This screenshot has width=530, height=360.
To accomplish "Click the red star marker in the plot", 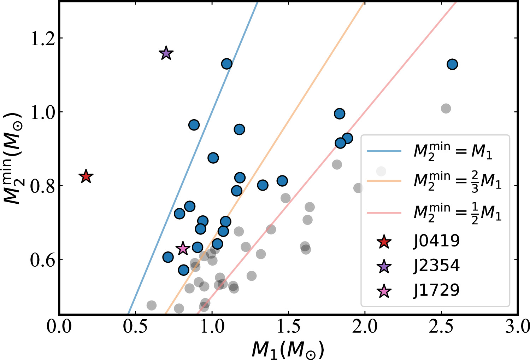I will [86, 176].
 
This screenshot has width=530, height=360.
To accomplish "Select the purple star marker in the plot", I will [166, 53].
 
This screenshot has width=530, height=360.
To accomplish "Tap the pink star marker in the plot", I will [183, 249].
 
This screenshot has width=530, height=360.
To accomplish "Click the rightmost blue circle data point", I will [452, 64].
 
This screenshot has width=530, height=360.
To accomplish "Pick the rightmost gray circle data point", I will [446, 109].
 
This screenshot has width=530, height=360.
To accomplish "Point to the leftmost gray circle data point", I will [152, 305].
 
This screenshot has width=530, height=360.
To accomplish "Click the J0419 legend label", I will [437, 241].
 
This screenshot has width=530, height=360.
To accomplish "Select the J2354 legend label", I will [437, 266].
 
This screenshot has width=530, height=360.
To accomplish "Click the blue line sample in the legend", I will [384, 151].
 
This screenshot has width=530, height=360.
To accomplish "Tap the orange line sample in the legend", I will [384, 181].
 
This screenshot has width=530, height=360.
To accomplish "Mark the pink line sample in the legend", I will [384, 213].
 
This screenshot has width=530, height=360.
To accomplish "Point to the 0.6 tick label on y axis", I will [43, 260].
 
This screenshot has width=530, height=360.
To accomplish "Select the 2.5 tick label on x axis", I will [441, 327].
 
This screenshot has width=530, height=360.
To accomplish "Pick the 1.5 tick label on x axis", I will [288, 327].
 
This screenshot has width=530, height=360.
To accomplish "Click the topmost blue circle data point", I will [226, 64].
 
